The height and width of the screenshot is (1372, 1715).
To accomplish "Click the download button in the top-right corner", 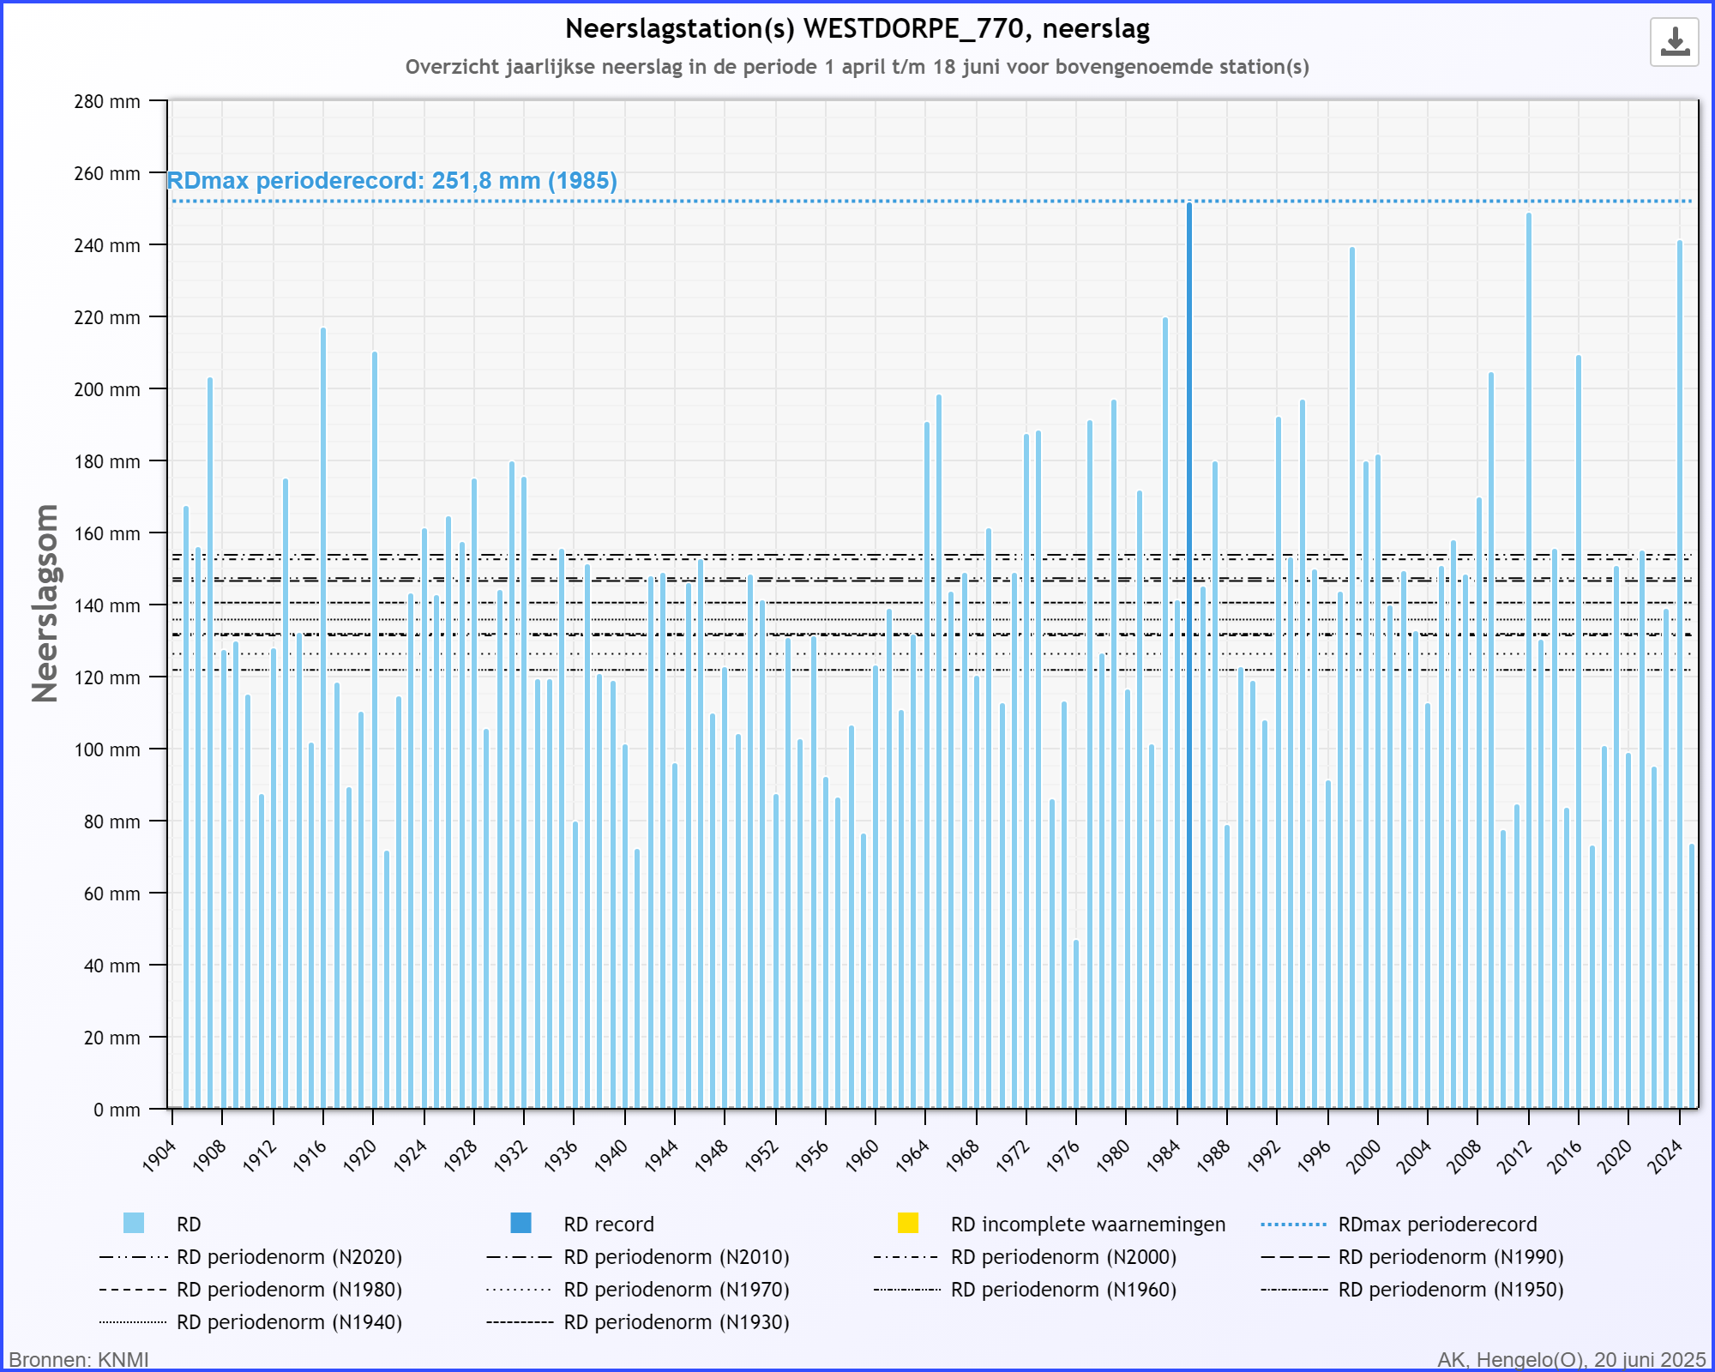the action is click(1674, 42).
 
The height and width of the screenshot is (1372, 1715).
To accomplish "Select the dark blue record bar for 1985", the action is click(1189, 655).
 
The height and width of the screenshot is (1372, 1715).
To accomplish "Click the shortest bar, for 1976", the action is click(1076, 1025).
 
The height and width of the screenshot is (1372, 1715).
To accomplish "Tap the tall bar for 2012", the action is click(1529, 661).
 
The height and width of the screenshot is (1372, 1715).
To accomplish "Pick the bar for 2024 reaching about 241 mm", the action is click(1680, 675).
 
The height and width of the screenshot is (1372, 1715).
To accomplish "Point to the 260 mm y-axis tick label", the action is click(107, 173).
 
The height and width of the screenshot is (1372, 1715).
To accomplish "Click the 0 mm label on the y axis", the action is click(117, 1110).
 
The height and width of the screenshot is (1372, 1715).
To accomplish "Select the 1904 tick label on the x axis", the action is click(159, 1155).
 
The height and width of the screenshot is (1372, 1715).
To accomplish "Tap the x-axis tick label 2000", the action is click(1364, 1155).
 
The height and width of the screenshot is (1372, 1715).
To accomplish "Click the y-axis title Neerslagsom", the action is click(45, 604).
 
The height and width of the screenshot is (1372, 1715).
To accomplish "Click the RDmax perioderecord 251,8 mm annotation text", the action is click(392, 181).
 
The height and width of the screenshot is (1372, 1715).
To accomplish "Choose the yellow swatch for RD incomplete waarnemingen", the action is click(908, 1223).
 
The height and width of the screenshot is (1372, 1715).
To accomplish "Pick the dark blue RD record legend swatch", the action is click(521, 1223).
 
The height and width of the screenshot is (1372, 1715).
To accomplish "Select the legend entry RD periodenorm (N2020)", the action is click(250, 1257).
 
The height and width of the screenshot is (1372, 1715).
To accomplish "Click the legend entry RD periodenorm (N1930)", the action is click(638, 1322).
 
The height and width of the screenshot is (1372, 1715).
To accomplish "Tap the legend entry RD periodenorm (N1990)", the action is click(1412, 1257).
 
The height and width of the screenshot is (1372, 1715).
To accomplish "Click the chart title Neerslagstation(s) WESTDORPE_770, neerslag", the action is click(857, 29).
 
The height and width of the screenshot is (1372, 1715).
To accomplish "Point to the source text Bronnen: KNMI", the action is click(79, 1360).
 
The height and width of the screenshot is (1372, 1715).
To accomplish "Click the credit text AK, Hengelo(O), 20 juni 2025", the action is click(1572, 1360).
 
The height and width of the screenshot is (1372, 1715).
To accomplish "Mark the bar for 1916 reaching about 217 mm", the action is click(323, 718).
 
